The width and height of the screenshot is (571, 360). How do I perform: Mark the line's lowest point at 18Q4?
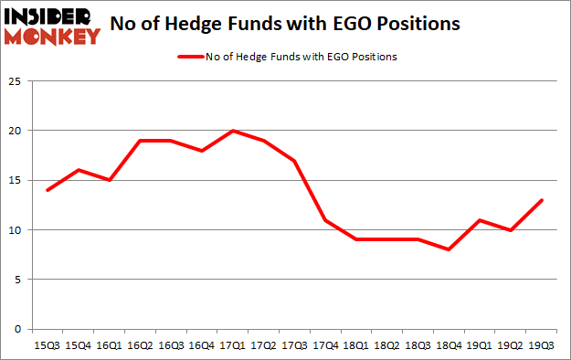(x=446, y=249)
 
